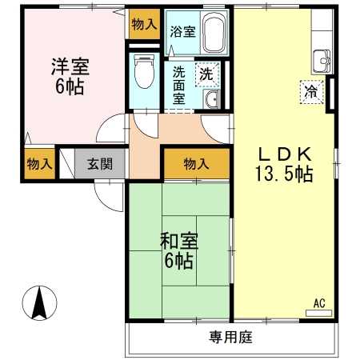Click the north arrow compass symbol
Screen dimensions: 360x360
coord(39,303)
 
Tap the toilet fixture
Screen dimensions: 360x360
coord(144,71)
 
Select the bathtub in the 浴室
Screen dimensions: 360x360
coord(214,33)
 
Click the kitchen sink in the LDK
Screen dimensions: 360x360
coord(322,62)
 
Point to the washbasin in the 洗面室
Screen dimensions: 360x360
coord(211,98)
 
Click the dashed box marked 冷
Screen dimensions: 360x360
coord(311,92)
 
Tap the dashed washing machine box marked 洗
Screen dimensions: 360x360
coord(207,74)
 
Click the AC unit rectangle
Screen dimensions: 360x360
coord(318,313)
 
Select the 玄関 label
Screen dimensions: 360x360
coord(100,163)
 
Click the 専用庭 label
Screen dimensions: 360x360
coord(230,337)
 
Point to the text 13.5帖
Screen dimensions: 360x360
coord(284,174)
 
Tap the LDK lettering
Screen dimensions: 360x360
coord(285,154)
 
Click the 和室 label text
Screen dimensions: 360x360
coord(179,241)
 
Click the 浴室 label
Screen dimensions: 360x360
coord(183,32)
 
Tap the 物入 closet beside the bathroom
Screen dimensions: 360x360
coord(144,24)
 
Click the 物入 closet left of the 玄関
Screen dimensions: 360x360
coord(39,164)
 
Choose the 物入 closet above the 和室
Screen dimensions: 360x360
coord(197,163)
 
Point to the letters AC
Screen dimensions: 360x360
coord(319,303)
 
